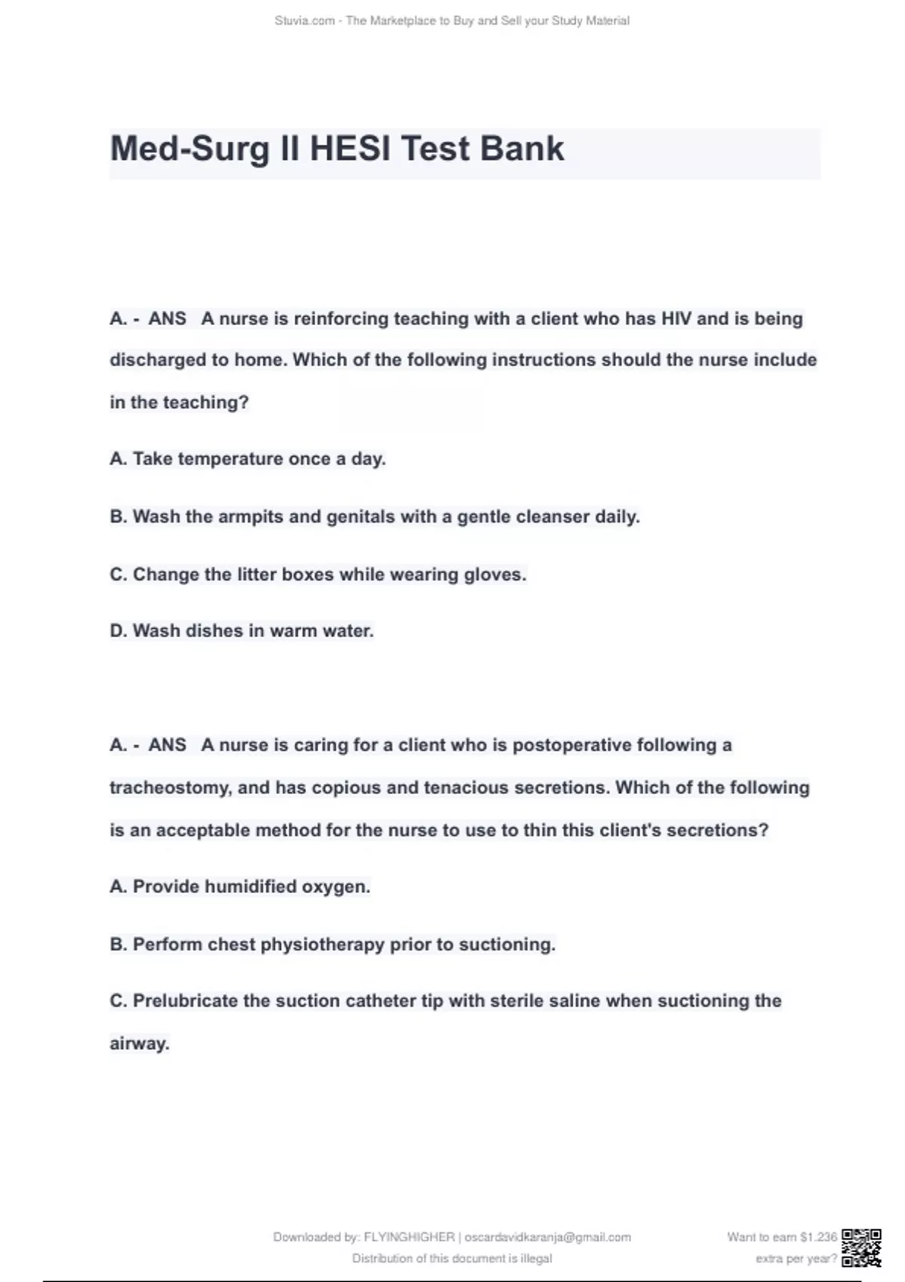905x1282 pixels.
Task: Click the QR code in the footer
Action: pos(861,1247)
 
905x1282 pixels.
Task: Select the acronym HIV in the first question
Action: pos(676,318)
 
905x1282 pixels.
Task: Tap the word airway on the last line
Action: pos(139,1044)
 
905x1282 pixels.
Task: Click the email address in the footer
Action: pos(548,1238)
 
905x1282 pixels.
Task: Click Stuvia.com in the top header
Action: pos(305,21)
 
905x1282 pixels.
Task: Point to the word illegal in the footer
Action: pos(535,1259)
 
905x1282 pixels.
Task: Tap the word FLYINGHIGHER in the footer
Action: pos(409,1238)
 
